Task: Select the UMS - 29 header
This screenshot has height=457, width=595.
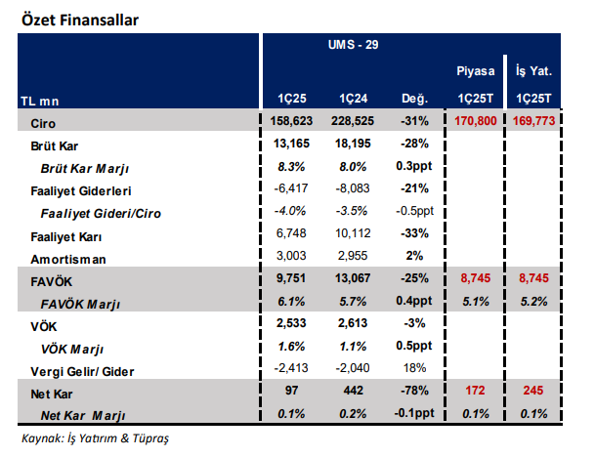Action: coord(353,46)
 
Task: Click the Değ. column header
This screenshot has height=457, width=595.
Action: coord(416,99)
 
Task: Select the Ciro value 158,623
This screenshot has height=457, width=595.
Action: coord(293,121)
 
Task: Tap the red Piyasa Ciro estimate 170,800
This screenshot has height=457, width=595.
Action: coord(478,121)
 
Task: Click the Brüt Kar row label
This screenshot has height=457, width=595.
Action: coord(56,145)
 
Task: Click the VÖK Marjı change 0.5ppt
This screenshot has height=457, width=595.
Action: coord(416,347)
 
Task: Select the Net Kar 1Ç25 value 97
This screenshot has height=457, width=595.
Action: coord(293,392)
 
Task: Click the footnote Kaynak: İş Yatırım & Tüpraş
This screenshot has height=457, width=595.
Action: coord(102,438)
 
